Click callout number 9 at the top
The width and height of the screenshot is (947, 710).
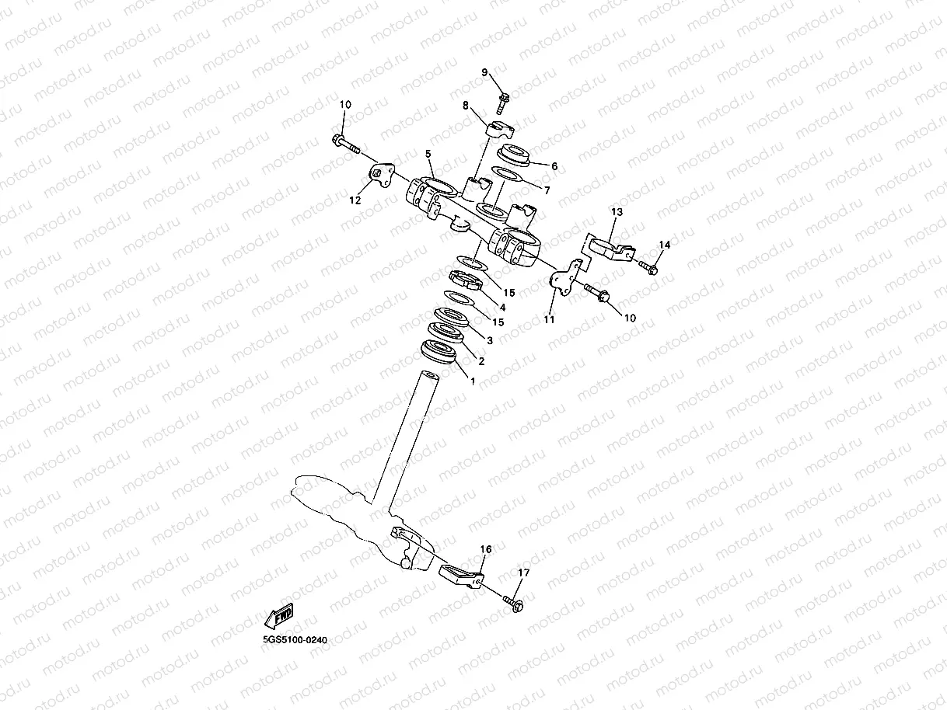pos(484,72)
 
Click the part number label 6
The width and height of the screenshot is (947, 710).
pos(554,166)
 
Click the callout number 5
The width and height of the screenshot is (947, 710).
pos(428,154)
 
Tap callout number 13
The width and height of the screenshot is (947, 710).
pos(617,212)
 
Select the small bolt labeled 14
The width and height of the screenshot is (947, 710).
pos(650,269)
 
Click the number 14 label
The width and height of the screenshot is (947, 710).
pos(663,245)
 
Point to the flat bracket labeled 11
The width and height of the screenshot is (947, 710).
pos(564,277)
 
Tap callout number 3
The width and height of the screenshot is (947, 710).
pos(490,340)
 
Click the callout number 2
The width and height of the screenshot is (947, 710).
pos(481,361)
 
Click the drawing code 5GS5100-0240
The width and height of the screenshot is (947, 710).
pos(295,641)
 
